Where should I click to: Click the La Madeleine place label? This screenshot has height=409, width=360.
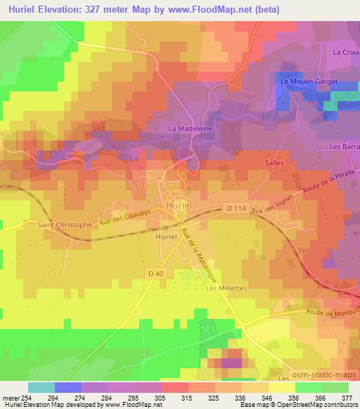tap(191, 129)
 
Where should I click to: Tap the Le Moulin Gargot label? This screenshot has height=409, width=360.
tap(309, 82)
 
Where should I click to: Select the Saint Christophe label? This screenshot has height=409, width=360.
tap(65, 225)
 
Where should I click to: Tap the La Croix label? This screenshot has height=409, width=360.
tap(345, 53)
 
